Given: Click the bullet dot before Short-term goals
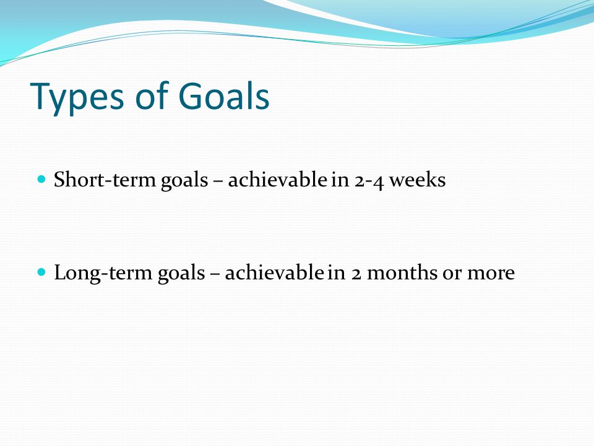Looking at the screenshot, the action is click(x=41, y=178).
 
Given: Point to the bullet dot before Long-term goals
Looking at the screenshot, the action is click(x=41, y=271).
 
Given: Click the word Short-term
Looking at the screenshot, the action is click(x=105, y=179).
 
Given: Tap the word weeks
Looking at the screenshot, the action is click(x=418, y=179).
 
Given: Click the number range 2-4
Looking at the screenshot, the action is click(x=369, y=180).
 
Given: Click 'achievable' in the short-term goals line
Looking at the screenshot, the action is click(x=277, y=179).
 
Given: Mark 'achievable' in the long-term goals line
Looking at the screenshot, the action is click(x=274, y=273).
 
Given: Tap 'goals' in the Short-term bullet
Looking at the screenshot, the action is click(x=184, y=180).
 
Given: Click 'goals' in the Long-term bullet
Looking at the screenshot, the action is click(x=181, y=274).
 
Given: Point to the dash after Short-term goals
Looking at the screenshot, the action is click(x=218, y=182).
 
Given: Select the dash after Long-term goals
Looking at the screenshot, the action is click(x=215, y=275).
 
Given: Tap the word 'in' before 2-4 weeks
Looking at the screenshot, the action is click(x=340, y=180).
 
